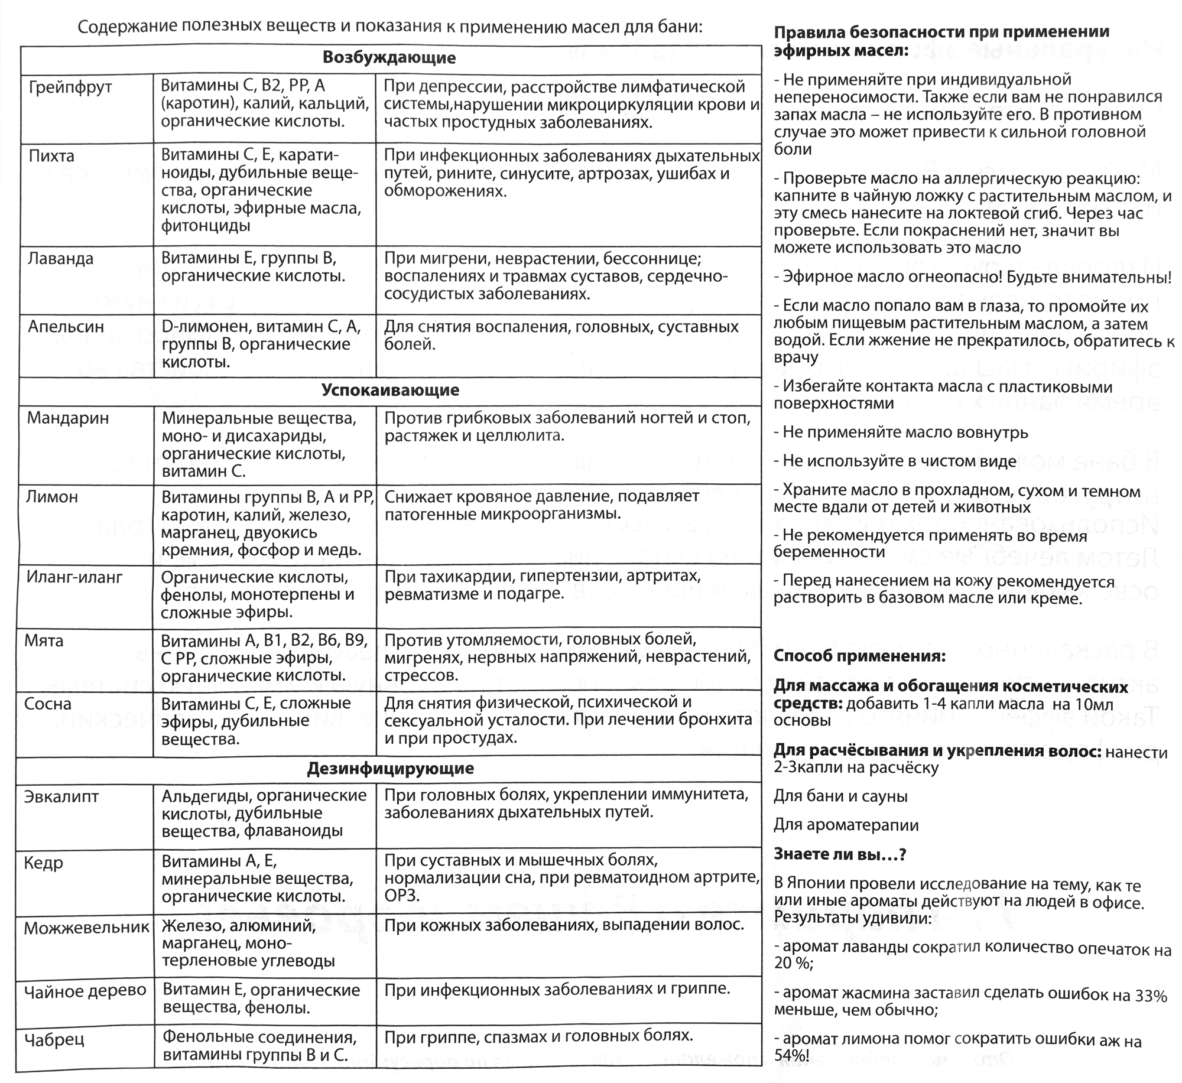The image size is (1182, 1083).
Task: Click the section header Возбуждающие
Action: point(389,58)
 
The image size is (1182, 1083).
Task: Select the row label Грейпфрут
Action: point(70,87)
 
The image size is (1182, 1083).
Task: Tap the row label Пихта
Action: point(51,157)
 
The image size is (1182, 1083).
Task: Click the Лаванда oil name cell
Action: point(61,259)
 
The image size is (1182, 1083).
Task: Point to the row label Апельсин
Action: point(66,327)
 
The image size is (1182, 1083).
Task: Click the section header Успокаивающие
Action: point(390,391)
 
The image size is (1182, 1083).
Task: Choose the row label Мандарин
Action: point(68,418)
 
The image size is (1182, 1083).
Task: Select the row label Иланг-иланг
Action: point(74,577)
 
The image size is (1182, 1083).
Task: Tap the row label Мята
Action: point(44,640)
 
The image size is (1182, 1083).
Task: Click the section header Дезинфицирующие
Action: point(390,769)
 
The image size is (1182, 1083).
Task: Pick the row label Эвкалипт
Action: point(61,796)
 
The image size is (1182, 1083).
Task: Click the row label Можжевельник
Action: point(86,928)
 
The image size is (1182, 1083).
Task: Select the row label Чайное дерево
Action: point(85,991)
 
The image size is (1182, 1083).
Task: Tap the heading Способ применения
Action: point(859,656)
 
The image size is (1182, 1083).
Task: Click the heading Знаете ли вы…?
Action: point(840,854)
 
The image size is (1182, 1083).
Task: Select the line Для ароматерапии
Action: point(846,825)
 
